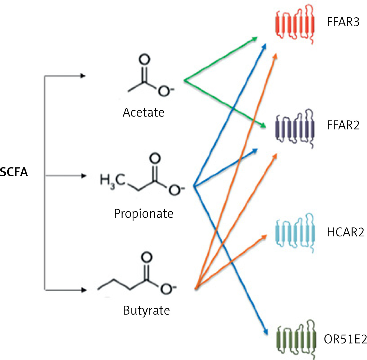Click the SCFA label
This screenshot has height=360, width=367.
[x=14, y=172]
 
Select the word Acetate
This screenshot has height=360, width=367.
[x=143, y=113]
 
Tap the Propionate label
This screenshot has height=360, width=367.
[x=143, y=214]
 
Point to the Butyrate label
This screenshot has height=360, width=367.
[x=146, y=311]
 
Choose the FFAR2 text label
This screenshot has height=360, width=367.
[x=343, y=125]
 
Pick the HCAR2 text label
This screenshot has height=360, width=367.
[x=345, y=232]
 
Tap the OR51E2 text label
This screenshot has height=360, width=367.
[x=345, y=339]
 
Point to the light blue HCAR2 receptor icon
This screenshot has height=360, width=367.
[x=295, y=233]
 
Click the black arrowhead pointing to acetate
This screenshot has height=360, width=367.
[x=83, y=76]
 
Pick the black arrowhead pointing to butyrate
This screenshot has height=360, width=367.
[x=83, y=290]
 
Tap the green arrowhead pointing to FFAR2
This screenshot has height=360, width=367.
[x=263, y=126]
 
